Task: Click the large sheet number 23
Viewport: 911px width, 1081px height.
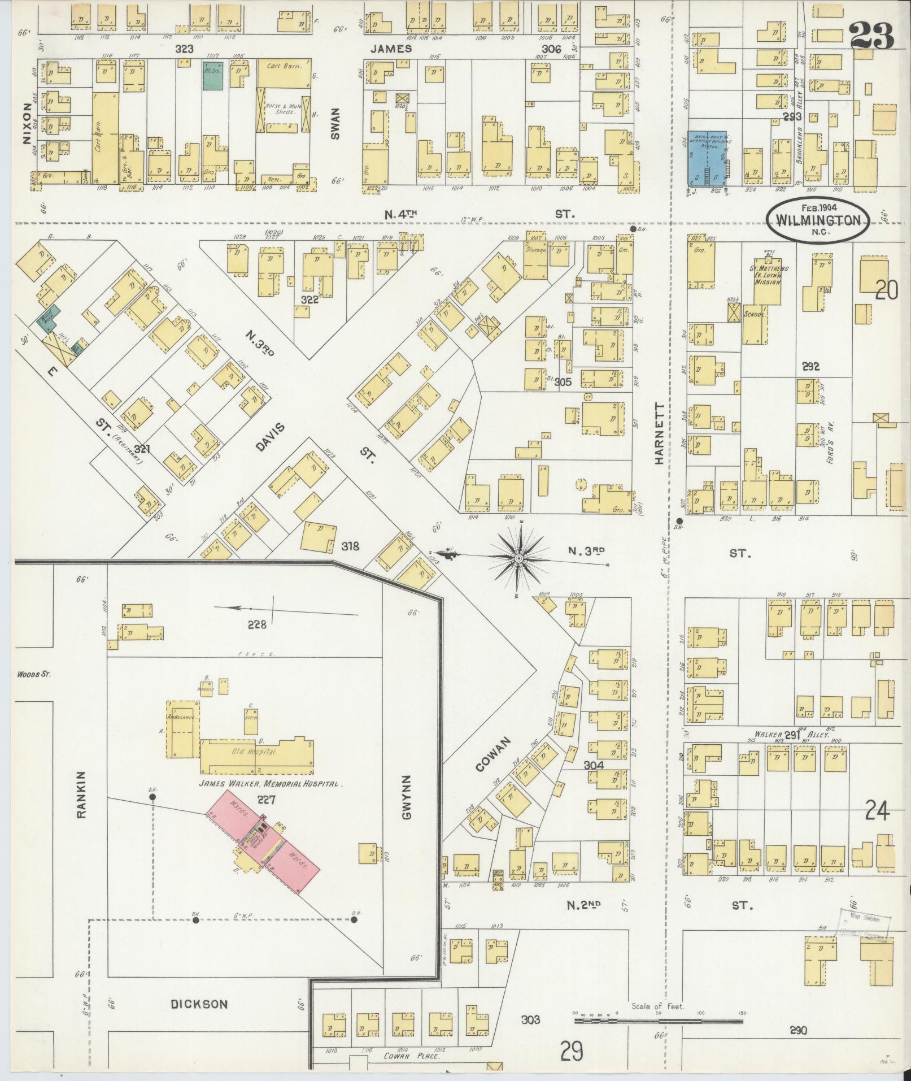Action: [871, 35]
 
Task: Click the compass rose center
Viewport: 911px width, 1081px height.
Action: [518, 558]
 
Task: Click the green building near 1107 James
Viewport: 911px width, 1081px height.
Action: [213, 76]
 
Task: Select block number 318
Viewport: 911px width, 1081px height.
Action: [350, 546]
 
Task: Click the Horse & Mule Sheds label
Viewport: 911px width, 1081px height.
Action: [285, 110]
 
